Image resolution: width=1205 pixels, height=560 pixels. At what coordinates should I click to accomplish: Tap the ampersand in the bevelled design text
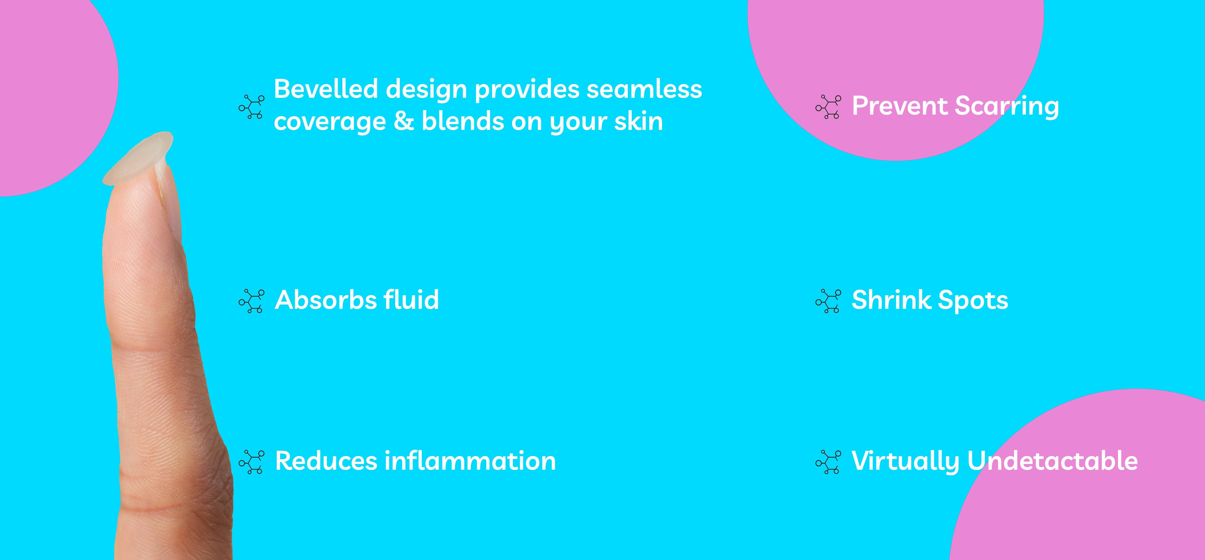(404, 121)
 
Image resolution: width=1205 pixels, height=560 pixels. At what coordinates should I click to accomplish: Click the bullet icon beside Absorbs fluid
(252, 301)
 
